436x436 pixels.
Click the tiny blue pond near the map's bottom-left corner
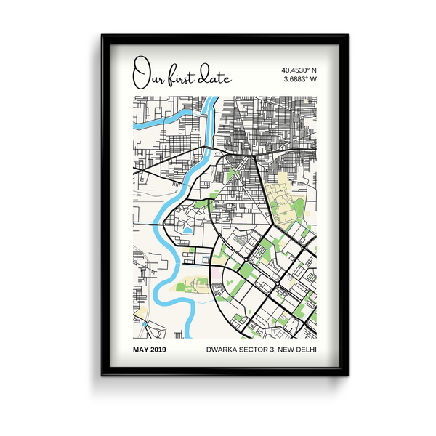pyautogui.click(x=145, y=323)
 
